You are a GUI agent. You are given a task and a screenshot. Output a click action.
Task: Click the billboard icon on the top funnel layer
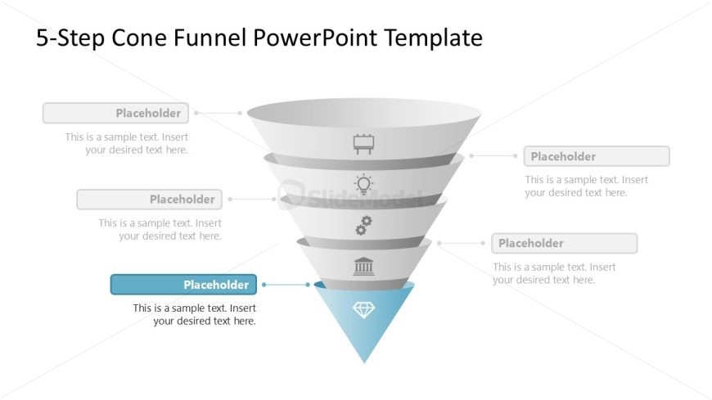tap(364, 144)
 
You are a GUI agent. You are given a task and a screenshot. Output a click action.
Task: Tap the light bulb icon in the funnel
tap(363, 184)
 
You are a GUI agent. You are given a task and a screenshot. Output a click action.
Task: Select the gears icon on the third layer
tap(363, 225)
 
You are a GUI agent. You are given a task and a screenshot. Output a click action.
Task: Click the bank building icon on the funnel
tap(363, 266)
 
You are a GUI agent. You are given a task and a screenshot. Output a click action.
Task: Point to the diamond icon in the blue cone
tap(363, 309)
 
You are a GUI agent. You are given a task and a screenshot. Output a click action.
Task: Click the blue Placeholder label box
tap(183, 285)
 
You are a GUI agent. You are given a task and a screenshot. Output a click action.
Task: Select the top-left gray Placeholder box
tap(115, 113)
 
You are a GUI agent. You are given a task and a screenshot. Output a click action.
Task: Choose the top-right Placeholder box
tap(597, 156)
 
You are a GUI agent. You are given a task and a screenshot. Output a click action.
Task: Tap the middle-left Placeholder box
tap(149, 200)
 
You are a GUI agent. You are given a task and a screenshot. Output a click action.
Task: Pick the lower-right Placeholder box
tap(564, 243)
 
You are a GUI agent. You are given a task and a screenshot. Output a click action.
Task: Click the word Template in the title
tap(433, 38)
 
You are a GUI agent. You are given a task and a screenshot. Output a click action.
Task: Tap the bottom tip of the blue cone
tap(364, 361)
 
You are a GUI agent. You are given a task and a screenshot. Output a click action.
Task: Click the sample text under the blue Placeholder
tap(195, 315)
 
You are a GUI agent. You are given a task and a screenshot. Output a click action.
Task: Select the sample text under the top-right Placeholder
tap(586, 187)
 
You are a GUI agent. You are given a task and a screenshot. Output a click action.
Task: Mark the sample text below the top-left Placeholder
tap(127, 143)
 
